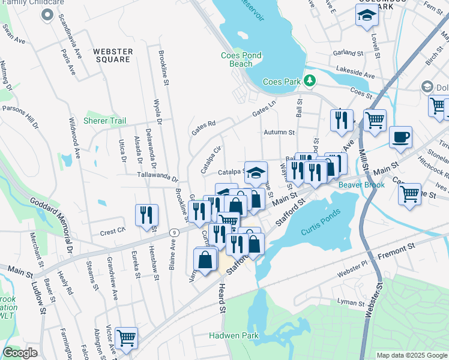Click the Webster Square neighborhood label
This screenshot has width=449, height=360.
[x=112, y=55]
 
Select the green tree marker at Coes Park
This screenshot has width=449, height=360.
[x=310, y=80]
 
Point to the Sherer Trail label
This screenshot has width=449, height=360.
[x=104, y=121]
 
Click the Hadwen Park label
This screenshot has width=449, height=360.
[x=234, y=336]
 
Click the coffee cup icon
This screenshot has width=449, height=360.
[x=400, y=137]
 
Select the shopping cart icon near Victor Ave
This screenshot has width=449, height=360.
[x=126, y=338]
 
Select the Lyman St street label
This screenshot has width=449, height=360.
[x=351, y=301]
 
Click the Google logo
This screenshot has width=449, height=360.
[x=20, y=353]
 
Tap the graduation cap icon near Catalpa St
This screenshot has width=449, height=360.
[x=256, y=173]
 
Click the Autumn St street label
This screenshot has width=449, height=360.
[x=279, y=132]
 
